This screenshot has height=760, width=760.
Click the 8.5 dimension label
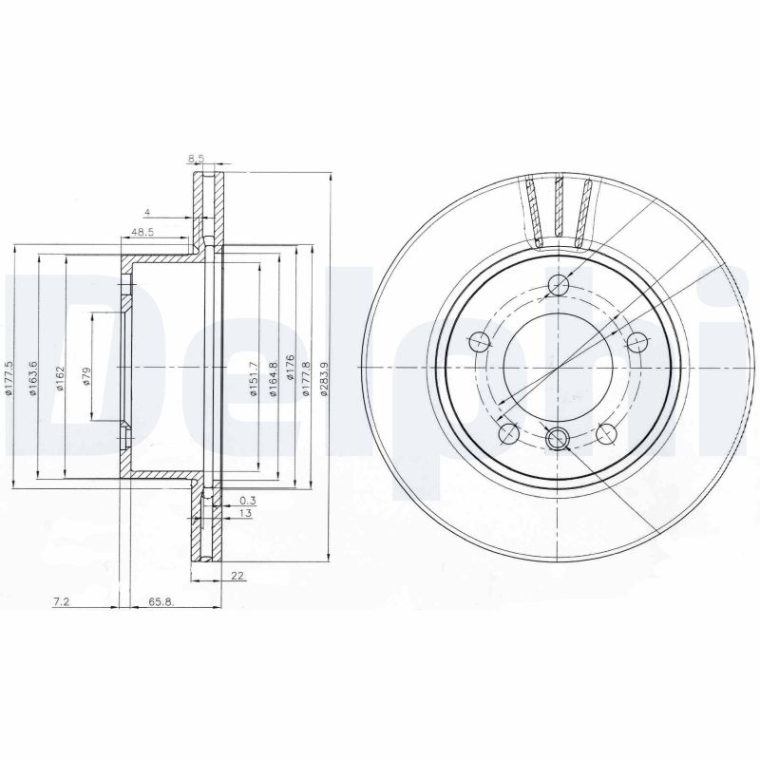(196, 158)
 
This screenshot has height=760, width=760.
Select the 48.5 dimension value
(143, 232)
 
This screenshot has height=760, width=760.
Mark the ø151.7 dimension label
(254, 379)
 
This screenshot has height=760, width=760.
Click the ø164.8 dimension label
(274, 379)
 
